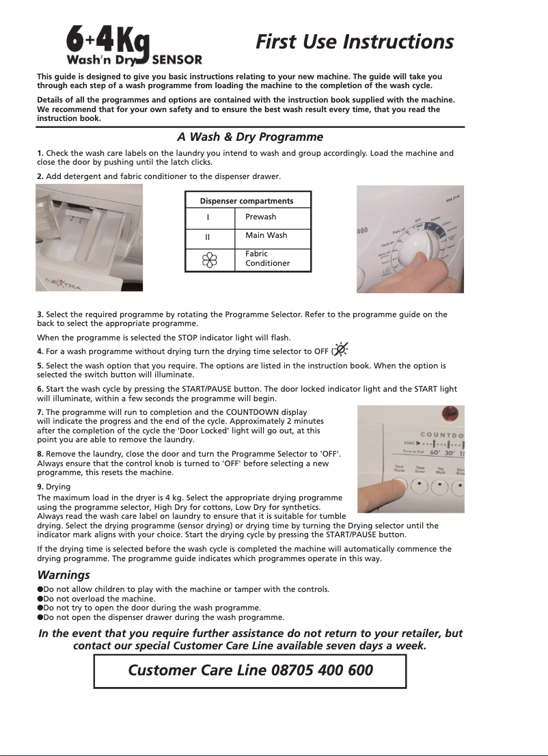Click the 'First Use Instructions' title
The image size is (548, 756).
pos(354,42)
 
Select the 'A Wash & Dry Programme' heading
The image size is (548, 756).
pos(250,137)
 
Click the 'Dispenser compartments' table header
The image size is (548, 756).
pos(247,201)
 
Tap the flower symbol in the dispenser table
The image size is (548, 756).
pos(210,260)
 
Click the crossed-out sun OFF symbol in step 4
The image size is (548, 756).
pos(340,350)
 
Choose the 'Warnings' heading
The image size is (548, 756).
pos(63,576)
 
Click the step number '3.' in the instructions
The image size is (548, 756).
pos(40,314)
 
